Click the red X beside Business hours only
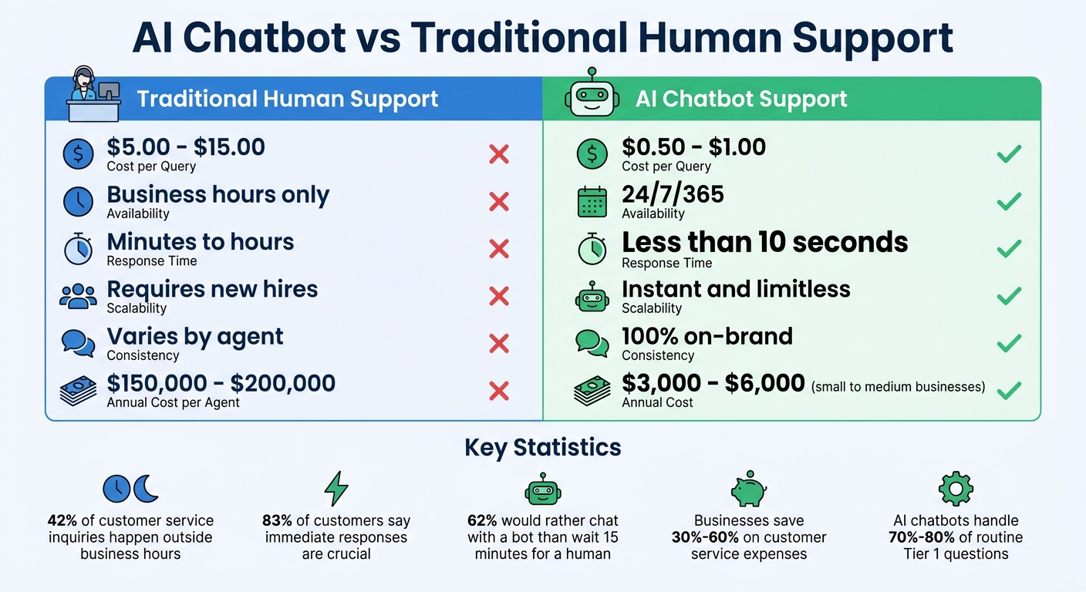499,202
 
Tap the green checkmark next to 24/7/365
1009,202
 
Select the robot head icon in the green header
592,94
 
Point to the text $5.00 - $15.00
186,147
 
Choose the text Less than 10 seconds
764,243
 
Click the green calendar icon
592,202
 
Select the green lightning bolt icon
336,489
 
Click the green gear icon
955,489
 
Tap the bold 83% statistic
276,520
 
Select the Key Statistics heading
542,447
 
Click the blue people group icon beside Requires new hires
78,297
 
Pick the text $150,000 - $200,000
221,383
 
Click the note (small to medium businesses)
898,386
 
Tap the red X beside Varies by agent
499,343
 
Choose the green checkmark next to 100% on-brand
1009,343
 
